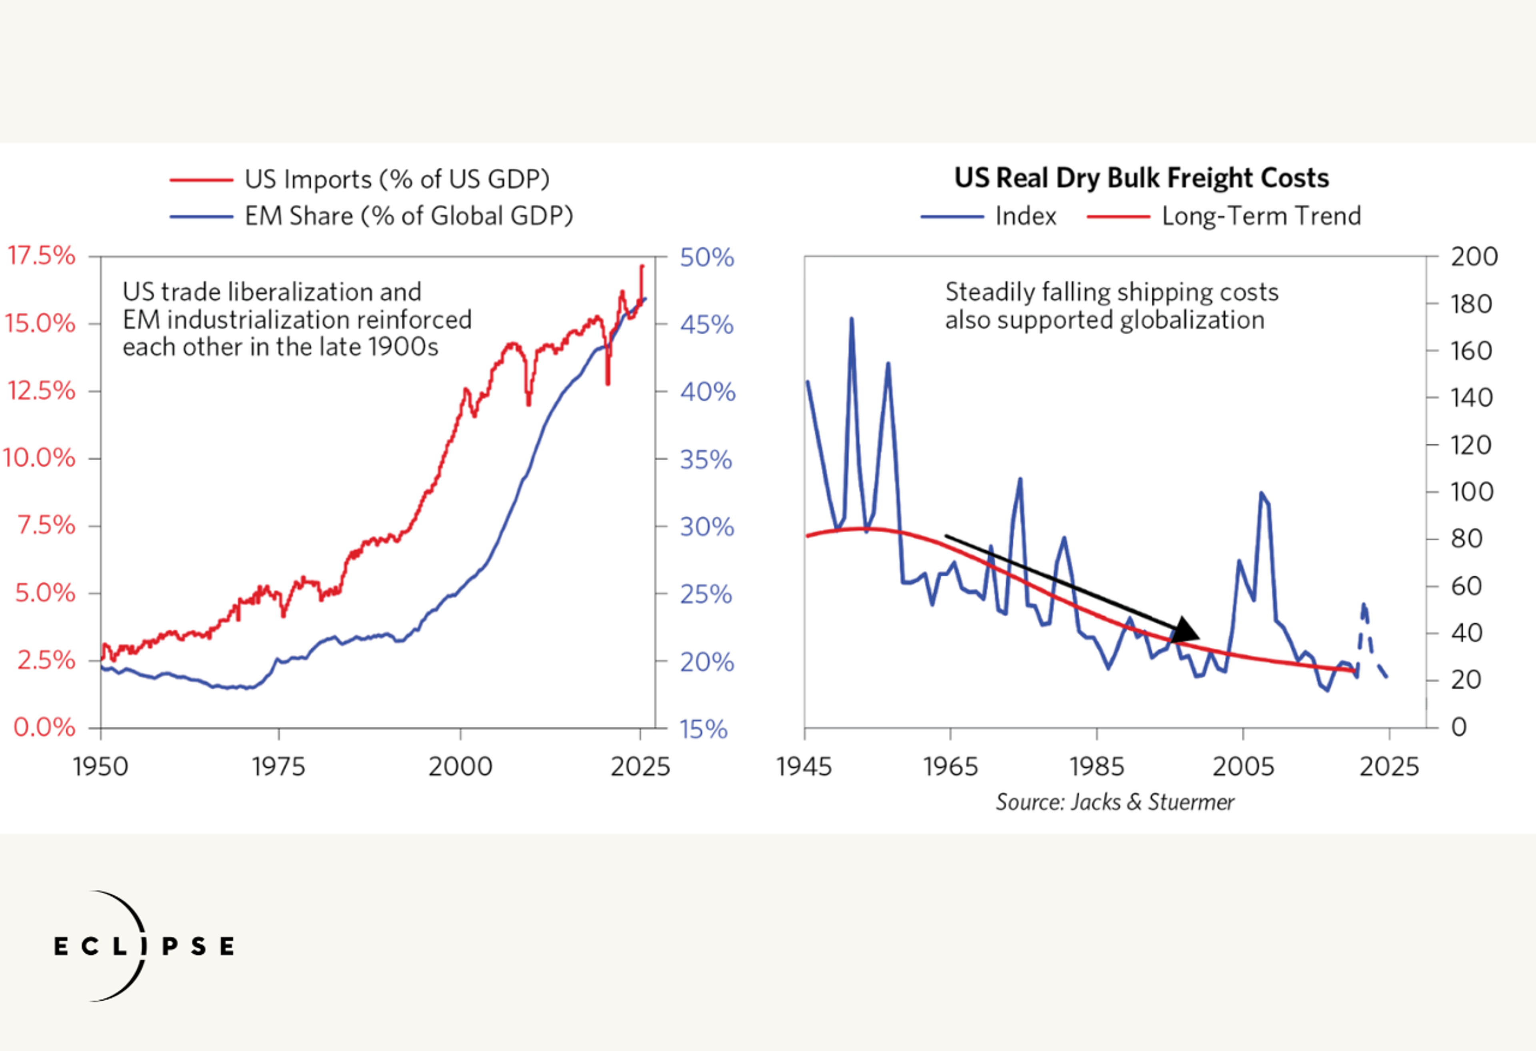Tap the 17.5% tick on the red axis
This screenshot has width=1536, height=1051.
coord(41,255)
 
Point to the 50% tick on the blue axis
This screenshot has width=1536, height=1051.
coord(706,257)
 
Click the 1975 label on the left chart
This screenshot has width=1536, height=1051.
coord(278,767)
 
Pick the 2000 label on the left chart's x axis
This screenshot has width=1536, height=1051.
coord(460,767)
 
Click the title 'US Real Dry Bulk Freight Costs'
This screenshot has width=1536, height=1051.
coord(1142,178)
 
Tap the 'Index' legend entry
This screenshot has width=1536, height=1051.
coord(1026,216)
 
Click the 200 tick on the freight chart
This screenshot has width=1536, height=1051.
coord(1474,256)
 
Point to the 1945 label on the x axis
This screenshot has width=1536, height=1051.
coord(804,767)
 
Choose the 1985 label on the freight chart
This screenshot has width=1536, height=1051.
coord(1096,767)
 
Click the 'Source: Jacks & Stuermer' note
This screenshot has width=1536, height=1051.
coord(1115,802)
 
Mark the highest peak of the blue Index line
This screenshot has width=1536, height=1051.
coord(851,319)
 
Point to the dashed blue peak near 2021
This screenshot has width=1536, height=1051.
coord(1363,604)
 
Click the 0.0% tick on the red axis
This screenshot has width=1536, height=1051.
coord(44,727)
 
